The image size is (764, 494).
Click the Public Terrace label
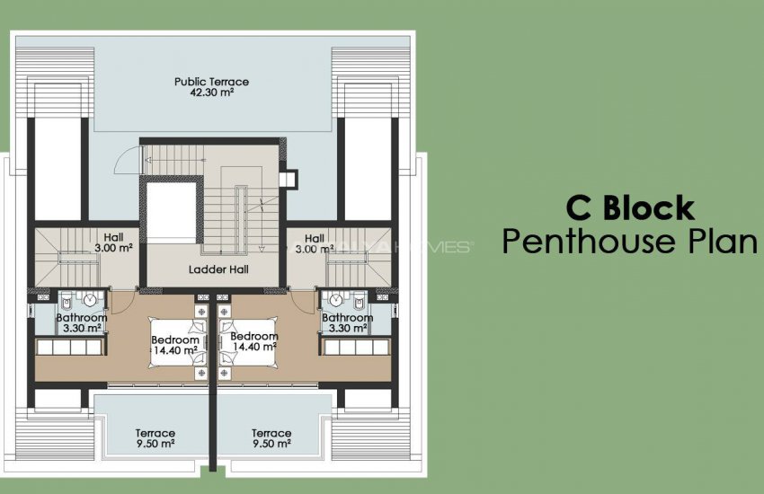tap(211, 82)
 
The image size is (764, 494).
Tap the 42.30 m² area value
tap(211, 93)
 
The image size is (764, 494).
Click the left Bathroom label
tap(82, 318)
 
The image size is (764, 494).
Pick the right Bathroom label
tap(347, 318)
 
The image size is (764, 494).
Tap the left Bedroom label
tap(174, 340)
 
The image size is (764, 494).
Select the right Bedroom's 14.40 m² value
tap(254, 346)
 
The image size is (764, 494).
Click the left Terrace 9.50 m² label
tap(155, 438)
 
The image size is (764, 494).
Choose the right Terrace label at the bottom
tap(271, 433)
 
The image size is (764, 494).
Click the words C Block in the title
tap(629, 208)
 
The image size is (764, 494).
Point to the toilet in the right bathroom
tap(359, 300)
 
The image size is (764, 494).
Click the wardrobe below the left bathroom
tap(72, 347)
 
